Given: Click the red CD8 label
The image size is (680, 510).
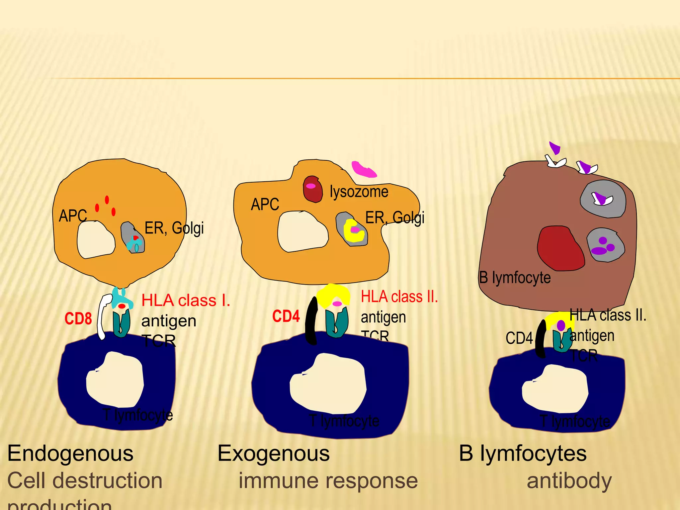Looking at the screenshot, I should (78, 318).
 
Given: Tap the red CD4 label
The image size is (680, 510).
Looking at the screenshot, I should (286, 316).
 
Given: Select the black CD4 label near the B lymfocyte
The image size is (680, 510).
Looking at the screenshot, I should (519, 338).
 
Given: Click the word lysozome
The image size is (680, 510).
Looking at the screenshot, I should (359, 192).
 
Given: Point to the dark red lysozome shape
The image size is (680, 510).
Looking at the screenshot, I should (313, 190).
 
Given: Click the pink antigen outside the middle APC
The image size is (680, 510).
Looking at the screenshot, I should (364, 169).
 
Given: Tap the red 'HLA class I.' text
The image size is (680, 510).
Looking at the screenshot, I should (186, 300).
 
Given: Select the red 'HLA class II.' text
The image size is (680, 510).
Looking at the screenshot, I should (399, 297).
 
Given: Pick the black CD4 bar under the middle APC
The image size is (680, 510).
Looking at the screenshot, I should (311, 320).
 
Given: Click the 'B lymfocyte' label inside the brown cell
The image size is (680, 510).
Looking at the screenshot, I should (515, 278).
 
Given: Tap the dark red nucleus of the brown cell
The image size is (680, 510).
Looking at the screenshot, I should (559, 248).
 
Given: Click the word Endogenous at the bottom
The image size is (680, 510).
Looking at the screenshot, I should (70, 453).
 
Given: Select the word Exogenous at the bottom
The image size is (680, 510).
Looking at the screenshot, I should (274, 453).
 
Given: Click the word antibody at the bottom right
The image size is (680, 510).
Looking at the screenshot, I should (569, 481).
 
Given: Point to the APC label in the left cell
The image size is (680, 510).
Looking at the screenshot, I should (73, 216).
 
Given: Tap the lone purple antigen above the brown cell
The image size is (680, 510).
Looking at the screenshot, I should (554, 147).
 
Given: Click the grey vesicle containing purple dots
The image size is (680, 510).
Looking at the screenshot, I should (605, 245).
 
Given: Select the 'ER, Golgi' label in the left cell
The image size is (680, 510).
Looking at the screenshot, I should (174, 228).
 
